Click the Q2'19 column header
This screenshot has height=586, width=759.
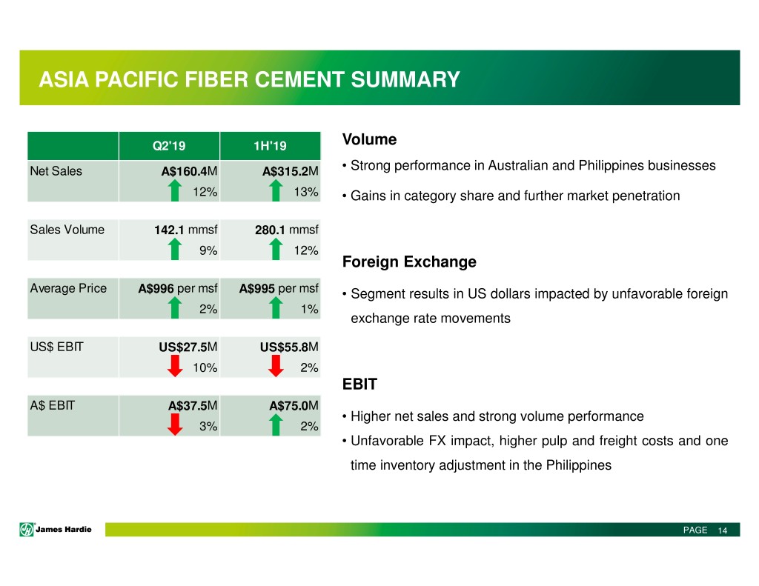point(169,146)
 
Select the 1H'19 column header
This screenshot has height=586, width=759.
point(270,146)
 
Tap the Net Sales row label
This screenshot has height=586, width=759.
point(56,171)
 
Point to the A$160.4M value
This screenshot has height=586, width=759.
point(189,171)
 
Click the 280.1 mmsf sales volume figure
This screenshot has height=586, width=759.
point(287,230)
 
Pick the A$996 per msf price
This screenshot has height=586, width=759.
point(178,288)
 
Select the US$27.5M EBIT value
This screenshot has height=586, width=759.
point(188,347)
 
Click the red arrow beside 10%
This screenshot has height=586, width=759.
point(175,365)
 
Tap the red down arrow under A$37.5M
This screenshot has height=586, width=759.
point(175,424)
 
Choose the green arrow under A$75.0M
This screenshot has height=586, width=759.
point(276,424)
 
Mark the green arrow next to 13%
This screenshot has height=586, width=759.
point(276,190)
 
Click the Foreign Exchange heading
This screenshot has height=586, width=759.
point(409,262)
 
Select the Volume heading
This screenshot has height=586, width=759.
point(369,139)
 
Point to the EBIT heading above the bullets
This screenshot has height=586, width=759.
point(359,384)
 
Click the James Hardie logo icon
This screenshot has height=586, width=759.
point(27,530)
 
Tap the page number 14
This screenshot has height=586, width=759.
point(722,530)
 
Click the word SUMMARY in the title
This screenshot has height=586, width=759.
point(405,80)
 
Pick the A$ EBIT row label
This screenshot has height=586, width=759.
point(53,405)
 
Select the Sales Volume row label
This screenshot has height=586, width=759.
point(67,230)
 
